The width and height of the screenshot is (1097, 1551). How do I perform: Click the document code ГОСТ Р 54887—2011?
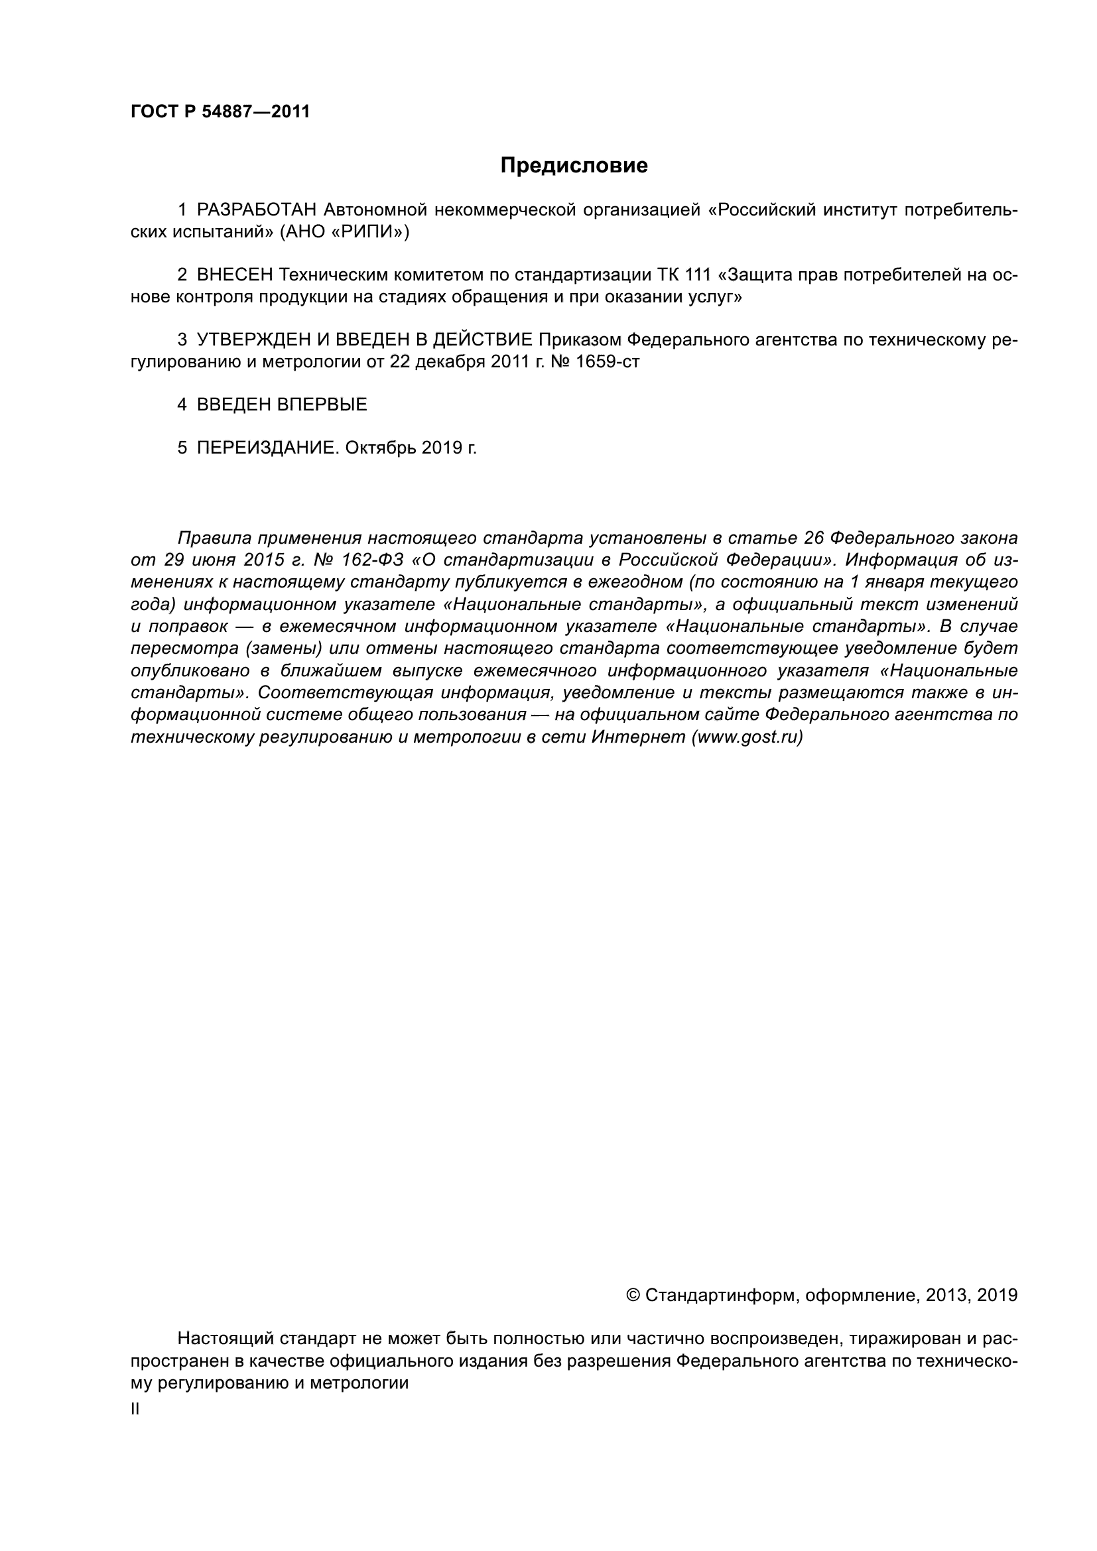(220, 112)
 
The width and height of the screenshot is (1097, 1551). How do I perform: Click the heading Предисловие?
(574, 166)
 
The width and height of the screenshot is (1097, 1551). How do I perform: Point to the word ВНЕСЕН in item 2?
(235, 275)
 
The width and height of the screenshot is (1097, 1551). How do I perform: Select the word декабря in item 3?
(450, 362)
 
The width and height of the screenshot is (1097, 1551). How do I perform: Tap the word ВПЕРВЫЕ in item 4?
(322, 404)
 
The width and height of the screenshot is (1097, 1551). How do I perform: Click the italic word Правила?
(214, 538)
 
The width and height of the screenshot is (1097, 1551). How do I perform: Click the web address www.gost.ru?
(746, 737)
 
